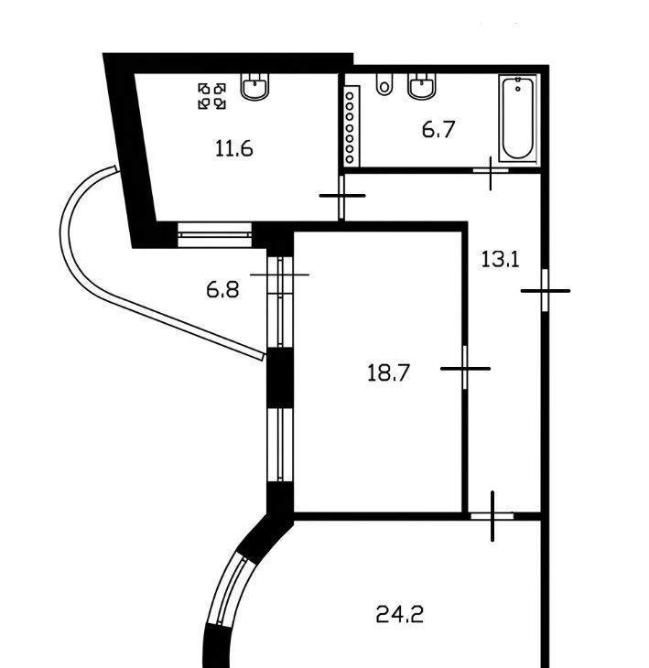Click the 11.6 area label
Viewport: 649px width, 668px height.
[x=234, y=148]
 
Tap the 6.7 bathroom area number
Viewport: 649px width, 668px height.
[x=438, y=130]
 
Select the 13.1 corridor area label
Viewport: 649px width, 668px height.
[x=501, y=259]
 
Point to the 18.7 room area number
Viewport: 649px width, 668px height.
[x=388, y=372]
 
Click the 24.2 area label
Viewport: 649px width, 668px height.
[x=400, y=615]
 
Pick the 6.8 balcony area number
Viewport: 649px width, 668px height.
[x=222, y=290]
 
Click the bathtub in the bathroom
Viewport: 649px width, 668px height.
[x=517, y=118]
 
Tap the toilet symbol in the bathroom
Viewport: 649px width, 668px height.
[x=384, y=84]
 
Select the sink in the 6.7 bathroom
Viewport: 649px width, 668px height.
[x=422, y=86]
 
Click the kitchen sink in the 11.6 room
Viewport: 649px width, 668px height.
[x=255, y=87]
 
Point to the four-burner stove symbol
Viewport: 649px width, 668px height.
[x=211, y=96]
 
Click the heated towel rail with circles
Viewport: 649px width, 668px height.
[x=351, y=126]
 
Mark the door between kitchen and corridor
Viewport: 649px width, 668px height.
[x=341, y=197]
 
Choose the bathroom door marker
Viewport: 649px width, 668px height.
[x=491, y=171]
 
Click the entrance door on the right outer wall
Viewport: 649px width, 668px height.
[x=545, y=291]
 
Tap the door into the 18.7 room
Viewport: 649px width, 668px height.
[x=465, y=368]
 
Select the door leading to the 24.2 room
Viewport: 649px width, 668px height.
[x=492, y=516]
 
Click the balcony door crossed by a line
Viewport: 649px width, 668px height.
[x=280, y=275]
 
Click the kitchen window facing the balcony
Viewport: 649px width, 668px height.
[x=214, y=235]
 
